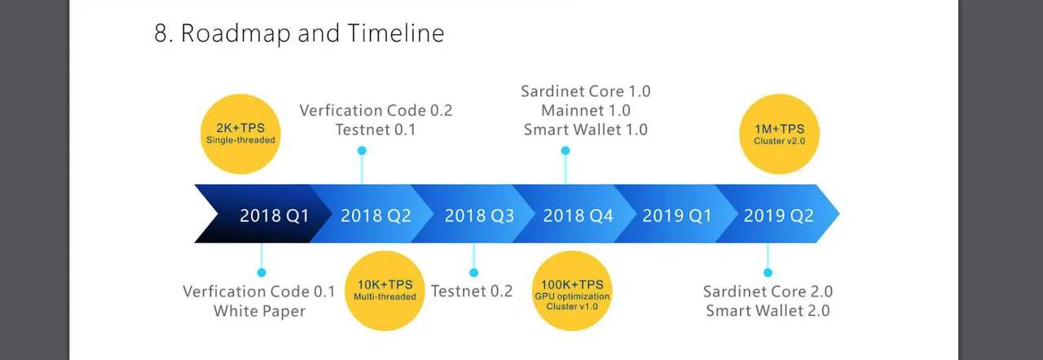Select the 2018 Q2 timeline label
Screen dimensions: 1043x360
point(376,215)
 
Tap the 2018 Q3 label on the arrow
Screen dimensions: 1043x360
point(479,215)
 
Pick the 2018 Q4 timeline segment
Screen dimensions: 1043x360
point(578,215)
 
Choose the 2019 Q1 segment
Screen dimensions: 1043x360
point(677,215)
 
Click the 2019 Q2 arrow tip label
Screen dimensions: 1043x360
point(778,215)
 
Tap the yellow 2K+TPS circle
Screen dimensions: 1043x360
point(240,134)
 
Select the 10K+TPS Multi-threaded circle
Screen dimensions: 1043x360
point(385,291)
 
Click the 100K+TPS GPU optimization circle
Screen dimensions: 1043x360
point(572,291)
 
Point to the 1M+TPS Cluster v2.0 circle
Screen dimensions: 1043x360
point(780,134)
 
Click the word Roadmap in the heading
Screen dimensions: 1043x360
point(235,34)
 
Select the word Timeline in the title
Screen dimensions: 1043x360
point(396,33)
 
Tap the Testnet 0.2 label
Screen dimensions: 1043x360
point(472,291)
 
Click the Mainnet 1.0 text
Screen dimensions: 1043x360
point(586,111)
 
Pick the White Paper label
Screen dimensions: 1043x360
point(259,311)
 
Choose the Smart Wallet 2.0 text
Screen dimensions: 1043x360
point(768,310)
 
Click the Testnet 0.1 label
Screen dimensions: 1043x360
point(376,130)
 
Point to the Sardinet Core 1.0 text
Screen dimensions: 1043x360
point(586,91)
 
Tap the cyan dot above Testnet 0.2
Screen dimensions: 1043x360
point(473,273)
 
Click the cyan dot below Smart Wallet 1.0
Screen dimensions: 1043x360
point(566,150)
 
